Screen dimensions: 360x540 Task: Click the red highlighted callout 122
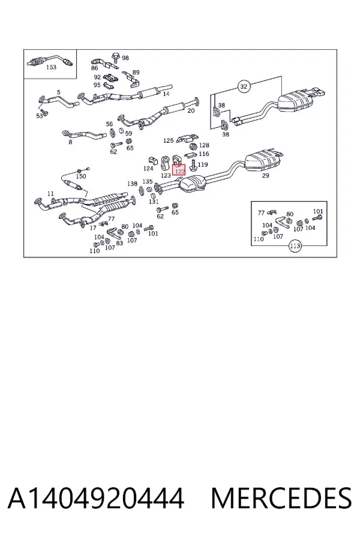[179, 170]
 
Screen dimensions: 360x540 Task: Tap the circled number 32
[244, 86]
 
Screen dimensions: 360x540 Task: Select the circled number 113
[295, 246]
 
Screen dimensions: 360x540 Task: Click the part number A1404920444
[96, 498]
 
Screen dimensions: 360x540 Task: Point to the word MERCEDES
[281, 498]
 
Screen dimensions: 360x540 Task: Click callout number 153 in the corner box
[51, 67]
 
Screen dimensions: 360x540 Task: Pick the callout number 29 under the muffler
[265, 176]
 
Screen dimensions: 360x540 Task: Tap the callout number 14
[166, 94]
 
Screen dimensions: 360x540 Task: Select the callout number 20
[191, 110]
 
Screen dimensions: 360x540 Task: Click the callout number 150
[80, 176]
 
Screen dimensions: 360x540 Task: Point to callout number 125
[168, 140]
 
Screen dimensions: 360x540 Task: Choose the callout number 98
[125, 58]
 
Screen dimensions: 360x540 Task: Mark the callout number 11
[50, 194]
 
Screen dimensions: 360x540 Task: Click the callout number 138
[132, 184]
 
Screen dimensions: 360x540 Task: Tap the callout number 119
[203, 164]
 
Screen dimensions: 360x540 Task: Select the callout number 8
[70, 142]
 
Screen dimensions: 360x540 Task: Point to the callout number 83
[119, 243]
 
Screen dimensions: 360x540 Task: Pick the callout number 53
[40, 116]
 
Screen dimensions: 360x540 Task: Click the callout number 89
[136, 73]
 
